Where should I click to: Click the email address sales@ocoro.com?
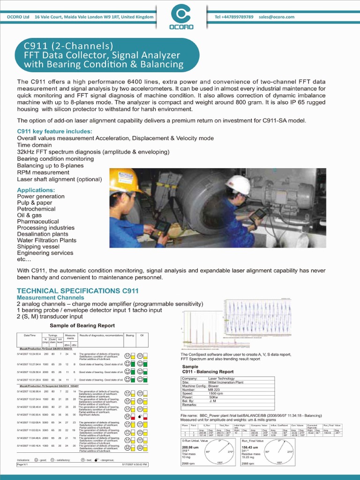point(277,17)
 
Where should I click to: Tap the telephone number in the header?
point(234,17)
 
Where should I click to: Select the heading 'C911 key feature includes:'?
point(54,131)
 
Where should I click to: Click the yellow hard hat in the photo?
point(123,180)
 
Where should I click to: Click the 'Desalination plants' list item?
point(43,234)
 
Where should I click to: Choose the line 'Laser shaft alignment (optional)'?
point(60,179)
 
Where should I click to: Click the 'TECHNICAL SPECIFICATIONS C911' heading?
point(78,291)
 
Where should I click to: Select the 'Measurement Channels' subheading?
point(51,298)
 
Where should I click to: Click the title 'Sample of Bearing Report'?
point(82,325)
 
